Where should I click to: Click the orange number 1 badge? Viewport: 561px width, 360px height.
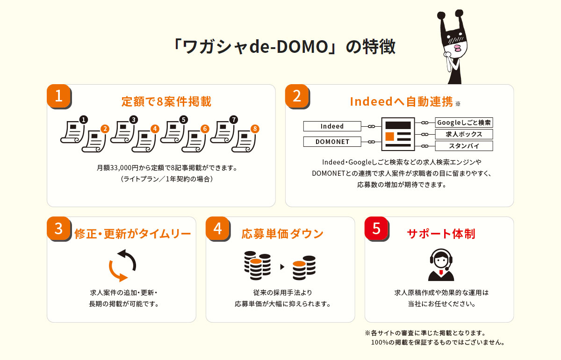point(58,96)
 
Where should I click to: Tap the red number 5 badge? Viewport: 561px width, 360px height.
point(376,228)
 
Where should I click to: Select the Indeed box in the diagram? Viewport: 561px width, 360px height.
point(332,126)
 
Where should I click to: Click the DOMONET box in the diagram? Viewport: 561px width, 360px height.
point(332,142)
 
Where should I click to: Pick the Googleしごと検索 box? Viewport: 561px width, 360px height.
point(464,122)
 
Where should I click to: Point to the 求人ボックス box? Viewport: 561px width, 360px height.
point(464,134)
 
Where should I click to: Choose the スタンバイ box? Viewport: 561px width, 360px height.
point(464,146)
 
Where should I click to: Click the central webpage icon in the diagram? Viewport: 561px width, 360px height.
point(398,134)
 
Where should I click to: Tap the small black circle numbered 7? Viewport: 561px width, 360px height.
point(234,120)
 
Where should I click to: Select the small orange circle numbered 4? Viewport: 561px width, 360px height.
point(155,129)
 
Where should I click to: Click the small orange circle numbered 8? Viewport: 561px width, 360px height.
point(255,129)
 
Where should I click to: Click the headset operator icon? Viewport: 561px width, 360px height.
point(441,265)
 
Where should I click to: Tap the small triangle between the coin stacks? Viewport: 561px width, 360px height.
point(282,267)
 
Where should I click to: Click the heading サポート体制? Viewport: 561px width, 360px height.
point(441,234)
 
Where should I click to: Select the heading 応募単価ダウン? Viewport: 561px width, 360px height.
point(282,234)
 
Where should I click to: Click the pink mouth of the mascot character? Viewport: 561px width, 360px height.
point(457,48)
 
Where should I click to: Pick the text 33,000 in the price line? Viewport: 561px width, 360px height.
point(120,167)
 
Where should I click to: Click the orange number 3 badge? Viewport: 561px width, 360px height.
point(58,228)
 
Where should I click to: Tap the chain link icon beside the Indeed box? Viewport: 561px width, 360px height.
point(371,127)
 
